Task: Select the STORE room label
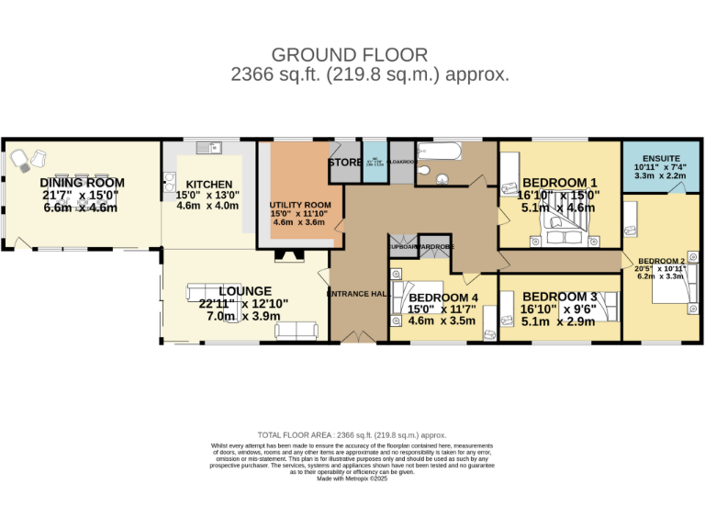pyautogui.click(x=344, y=163)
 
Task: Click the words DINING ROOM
pyautogui.click(x=82, y=183)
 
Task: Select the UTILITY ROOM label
pyautogui.click(x=299, y=205)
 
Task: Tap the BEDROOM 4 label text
pyautogui.click(x=442, y=298)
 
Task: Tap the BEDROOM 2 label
pyautogui.click(x=662, y=261)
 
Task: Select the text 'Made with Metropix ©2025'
pyautogui.click(x=352, y=478)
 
